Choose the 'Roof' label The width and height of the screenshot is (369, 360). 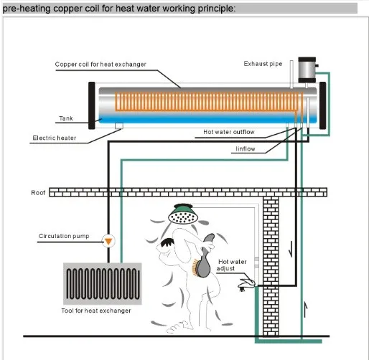(x=38, y=192)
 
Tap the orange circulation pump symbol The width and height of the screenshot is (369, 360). (x=109, y=240)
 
